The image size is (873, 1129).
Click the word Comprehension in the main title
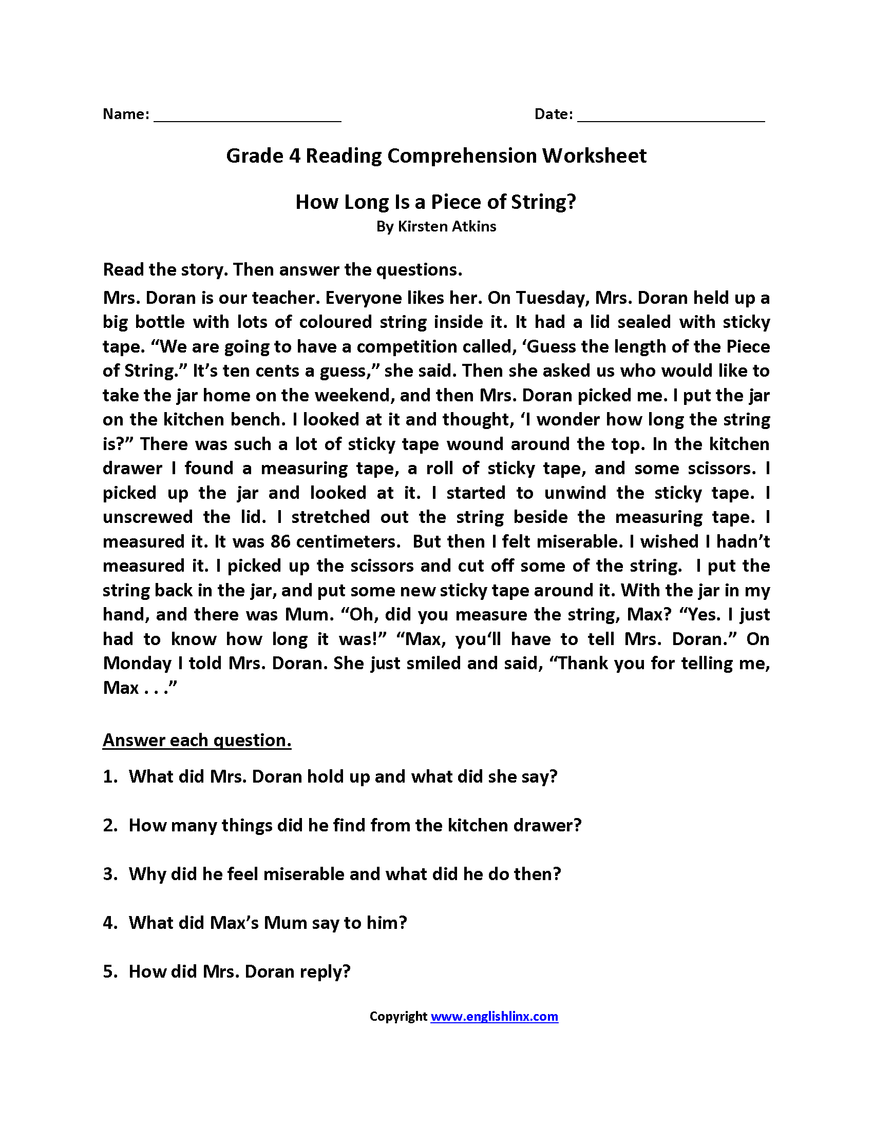point(462,156)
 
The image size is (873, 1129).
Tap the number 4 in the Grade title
point(295,156)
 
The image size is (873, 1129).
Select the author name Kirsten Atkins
point(446,227)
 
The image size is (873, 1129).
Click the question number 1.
point(109,777)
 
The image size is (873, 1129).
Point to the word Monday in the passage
point(137,664)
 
